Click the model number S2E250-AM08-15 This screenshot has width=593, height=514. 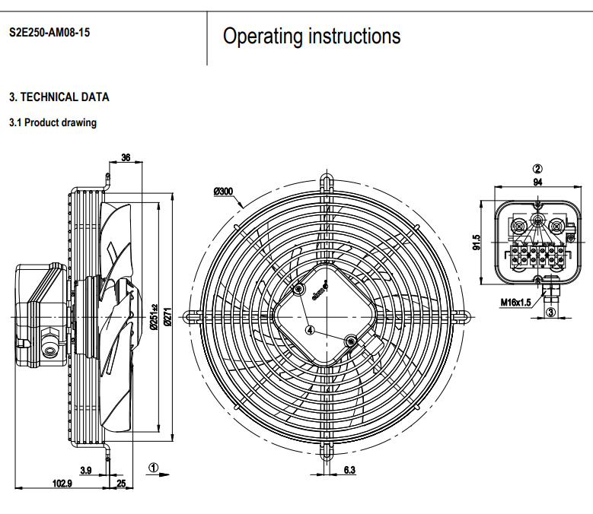tap(49, 33)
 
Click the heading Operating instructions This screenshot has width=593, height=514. tap(311, 36)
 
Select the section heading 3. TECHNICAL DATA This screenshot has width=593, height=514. tap(59, 97)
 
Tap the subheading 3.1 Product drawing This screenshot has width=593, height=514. tap(53, 122)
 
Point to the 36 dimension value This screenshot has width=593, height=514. tap(126, 157)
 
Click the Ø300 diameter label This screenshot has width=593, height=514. tap(224, 191)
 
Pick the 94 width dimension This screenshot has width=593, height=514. tap(537, 182)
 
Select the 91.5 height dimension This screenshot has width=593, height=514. tap(477, 242)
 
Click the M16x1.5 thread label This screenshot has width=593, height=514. tap(515, 302)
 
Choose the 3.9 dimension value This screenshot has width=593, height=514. tap(85, 471)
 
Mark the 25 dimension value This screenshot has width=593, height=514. tap(121, 484)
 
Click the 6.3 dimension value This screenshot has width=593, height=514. tap(349, 471)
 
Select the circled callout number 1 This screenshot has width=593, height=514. tap(153, 468)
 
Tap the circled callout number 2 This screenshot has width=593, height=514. tap(537, 169)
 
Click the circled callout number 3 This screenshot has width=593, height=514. tap(551, 312)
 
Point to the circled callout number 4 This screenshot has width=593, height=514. tap(310, 330)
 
